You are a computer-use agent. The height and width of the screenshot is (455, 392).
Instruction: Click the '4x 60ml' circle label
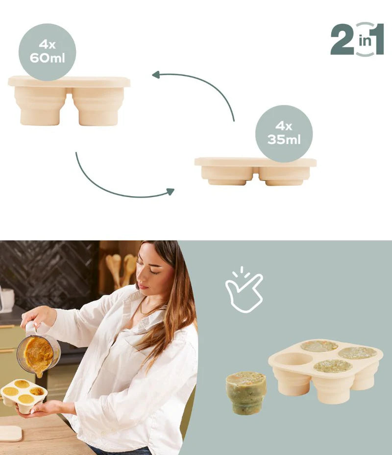coord(47,52)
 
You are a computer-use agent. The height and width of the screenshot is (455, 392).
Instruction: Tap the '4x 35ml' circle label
coord(284,133)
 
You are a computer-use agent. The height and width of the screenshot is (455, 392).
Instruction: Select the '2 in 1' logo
coord(357,39)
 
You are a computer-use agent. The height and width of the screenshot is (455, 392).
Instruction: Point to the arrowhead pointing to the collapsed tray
coord(170,191)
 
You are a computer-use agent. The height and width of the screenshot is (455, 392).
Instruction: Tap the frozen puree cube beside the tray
coord(246,392)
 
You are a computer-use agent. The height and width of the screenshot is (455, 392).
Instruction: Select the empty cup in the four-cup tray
coord(293,359)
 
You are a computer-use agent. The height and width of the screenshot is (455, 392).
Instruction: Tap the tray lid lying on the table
coord(10,433)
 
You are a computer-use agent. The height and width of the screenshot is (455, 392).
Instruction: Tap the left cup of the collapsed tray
coord(226,175)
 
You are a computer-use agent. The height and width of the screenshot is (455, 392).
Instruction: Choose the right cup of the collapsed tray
coord(284,175)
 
